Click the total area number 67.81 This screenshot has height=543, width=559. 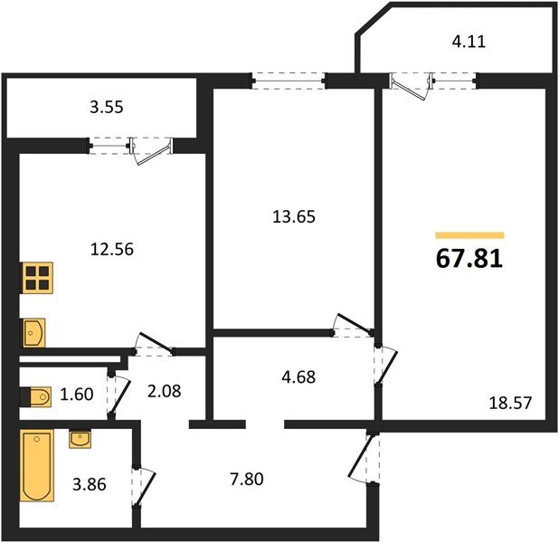pyautogui.click(x=469, y=258)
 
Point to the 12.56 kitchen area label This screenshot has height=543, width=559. pyautogui.click(x=112, y=250)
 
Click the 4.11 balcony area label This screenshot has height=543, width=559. pyautogui.click(x=469, y=40)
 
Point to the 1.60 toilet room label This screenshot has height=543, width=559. pyautogui.click(x=76, y=395)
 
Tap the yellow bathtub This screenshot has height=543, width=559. pyautogui.click(x=36, y=466)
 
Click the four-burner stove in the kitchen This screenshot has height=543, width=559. pyautogui.click(x=37, y=277)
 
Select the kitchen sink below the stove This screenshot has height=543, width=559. pyautogui.click(x=33, y=332)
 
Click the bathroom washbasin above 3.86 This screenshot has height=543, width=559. pyautogui.click(x=81, y=439)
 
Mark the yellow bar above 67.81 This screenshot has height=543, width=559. pyautogui.click(x=469, y=234)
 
